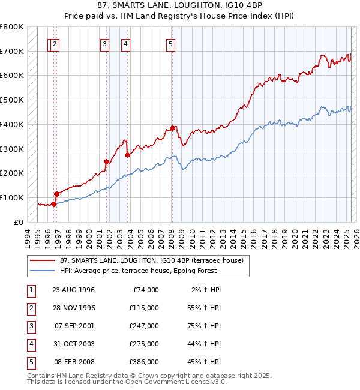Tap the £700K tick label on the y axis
(12, 51)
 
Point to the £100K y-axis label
(12, 197)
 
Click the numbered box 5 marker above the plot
(171, 43)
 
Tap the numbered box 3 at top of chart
(104, 43)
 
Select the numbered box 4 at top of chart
(125, 43)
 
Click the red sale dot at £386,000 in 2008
(172, 128)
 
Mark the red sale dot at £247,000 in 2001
(107, 161)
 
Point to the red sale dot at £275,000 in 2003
(127, 155)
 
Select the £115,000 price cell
(144, 308)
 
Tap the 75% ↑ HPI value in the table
(204, 326)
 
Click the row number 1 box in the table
(31, 290)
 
